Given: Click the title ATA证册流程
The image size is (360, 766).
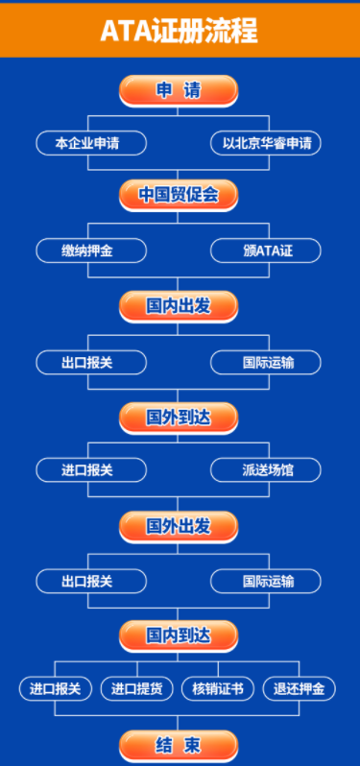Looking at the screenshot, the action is click(x=179, y=32).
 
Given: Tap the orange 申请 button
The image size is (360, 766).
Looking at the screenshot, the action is click(x=179, y=91).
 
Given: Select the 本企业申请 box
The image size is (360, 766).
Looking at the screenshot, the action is click(x=91, y=143).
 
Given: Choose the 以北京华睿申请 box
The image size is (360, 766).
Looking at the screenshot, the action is click(x=266, y=143).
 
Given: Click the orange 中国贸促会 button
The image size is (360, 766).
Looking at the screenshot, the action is click(x=179, y=196).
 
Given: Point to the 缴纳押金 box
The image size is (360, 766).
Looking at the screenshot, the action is click(x=91, y=251).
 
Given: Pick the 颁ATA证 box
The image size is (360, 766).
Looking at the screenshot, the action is click(x=266, y=251).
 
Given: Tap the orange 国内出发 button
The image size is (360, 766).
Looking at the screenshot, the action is click(x=179, y=307).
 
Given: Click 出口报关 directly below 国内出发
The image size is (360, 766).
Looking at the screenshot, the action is click(x=91, y=363).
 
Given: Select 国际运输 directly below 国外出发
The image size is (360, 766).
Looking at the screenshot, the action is click(x=266, y=582).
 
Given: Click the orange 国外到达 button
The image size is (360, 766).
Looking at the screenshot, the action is click(x=179, y=419).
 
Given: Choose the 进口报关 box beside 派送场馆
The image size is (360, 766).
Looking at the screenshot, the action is click(x=91, y=470).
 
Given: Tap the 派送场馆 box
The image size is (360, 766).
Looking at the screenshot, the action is click(x=266, y=470).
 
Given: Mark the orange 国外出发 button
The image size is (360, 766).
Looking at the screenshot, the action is click(x=179, y=527).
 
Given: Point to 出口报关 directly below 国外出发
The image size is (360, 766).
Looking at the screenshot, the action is click(x=91, y=582).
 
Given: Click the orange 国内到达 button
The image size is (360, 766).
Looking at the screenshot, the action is click(x=179, y=636).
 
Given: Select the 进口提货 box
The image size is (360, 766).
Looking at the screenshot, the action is click(x=137, y=689).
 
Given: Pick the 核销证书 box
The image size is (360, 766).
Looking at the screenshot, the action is click(x=218, y=689).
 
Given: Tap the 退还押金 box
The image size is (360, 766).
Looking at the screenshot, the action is click(x=300, y=689).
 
